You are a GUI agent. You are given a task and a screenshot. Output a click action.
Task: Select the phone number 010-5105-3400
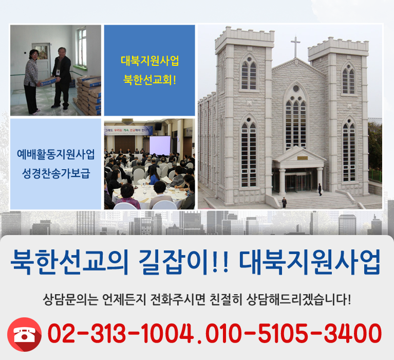point(294,334)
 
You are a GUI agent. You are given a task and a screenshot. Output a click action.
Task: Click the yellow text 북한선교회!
point(149,81)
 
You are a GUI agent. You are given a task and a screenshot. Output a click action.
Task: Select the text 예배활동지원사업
point(56,153)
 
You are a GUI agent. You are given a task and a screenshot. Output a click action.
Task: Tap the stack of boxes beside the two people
point(88,95)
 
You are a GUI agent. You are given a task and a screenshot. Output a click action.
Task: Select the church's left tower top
point(237,39)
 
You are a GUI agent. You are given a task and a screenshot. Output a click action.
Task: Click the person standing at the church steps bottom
point(284,202)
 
